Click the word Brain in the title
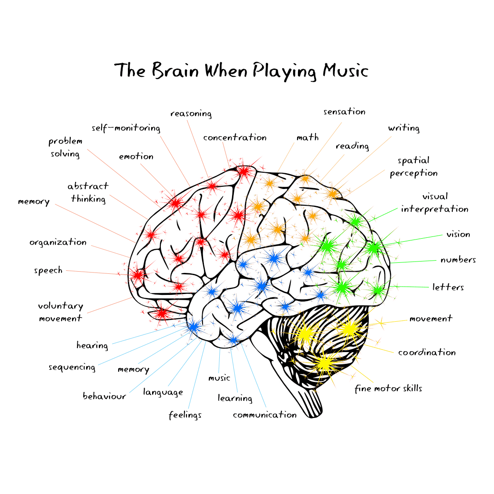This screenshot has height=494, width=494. (x=176, y=71)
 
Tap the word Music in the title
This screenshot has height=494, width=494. (x=345, y=71)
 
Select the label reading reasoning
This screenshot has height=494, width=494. (x=191, y=114)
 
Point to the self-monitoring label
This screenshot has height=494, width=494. (x=126, y=128)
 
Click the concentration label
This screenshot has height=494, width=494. (x=235, y=138)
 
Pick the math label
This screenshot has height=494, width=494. (x=308, y=138)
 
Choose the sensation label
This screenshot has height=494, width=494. (x=345, y=112)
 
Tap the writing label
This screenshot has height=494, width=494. (x=403, y=128)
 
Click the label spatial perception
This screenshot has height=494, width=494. (x=414, y=167)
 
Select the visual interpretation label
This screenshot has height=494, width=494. (x=434, y=203)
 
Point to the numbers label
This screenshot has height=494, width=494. (x=458, y=260)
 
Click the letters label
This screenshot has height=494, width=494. (x=448, y=287)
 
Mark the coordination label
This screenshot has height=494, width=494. (x=427, y=352)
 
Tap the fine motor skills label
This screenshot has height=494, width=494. (x=389, y=389)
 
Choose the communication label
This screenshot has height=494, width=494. (x=265, y=415)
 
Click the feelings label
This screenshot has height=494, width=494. (x=185, y=415)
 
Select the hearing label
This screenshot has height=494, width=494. (x=92, y=345)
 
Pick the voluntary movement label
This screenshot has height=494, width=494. (x=61, y=312)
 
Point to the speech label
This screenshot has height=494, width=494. (x=48, y=270)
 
